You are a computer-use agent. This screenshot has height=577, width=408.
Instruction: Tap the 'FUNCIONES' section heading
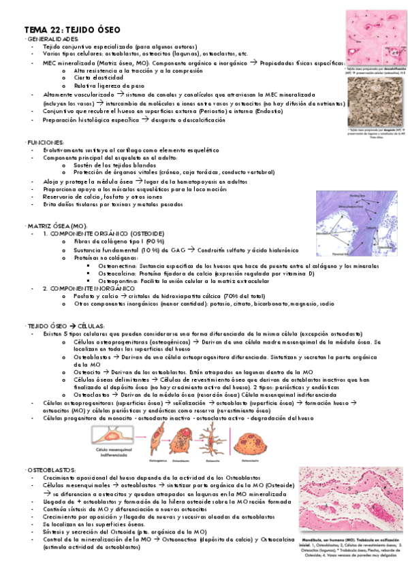point(46,141)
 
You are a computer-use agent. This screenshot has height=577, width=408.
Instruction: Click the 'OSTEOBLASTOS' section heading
point(52,469)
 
